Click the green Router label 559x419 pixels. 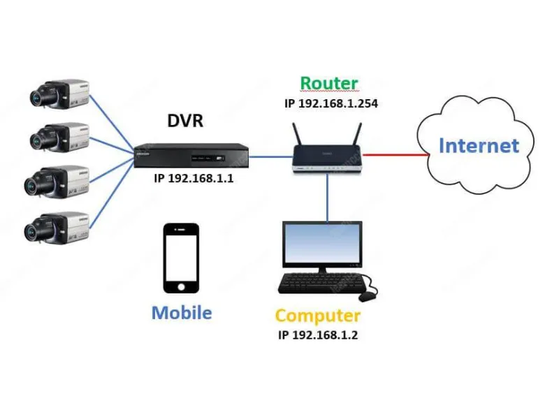click(329, 83)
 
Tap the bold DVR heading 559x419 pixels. click(185, 121)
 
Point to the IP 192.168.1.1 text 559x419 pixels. click(194, 179)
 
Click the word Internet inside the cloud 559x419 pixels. click(479, 146)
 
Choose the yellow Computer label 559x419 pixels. click(318, 316)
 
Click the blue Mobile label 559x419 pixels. click(182, 312)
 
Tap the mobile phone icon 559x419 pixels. click(181, 258)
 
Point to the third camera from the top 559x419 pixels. click(59, 180)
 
